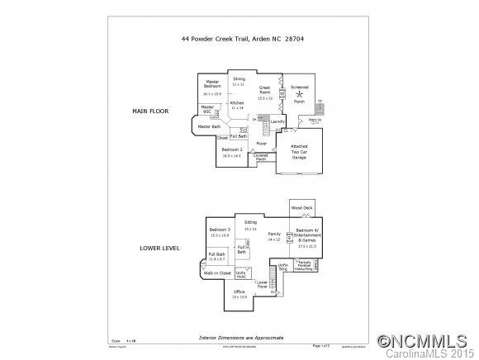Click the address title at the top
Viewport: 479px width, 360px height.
[239, 37]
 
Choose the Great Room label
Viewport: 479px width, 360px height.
[265, 89]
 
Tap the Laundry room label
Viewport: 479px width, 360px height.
[277, 121]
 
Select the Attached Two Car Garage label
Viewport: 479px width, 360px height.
[300, 153]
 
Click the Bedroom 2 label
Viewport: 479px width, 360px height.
[230, 149]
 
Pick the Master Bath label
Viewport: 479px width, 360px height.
[210, 126]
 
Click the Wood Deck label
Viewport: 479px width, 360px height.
[301, 208]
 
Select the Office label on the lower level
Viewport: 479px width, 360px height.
[239, 291]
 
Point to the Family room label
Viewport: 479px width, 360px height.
[275, 234]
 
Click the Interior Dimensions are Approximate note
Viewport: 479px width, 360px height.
[239, 338]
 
